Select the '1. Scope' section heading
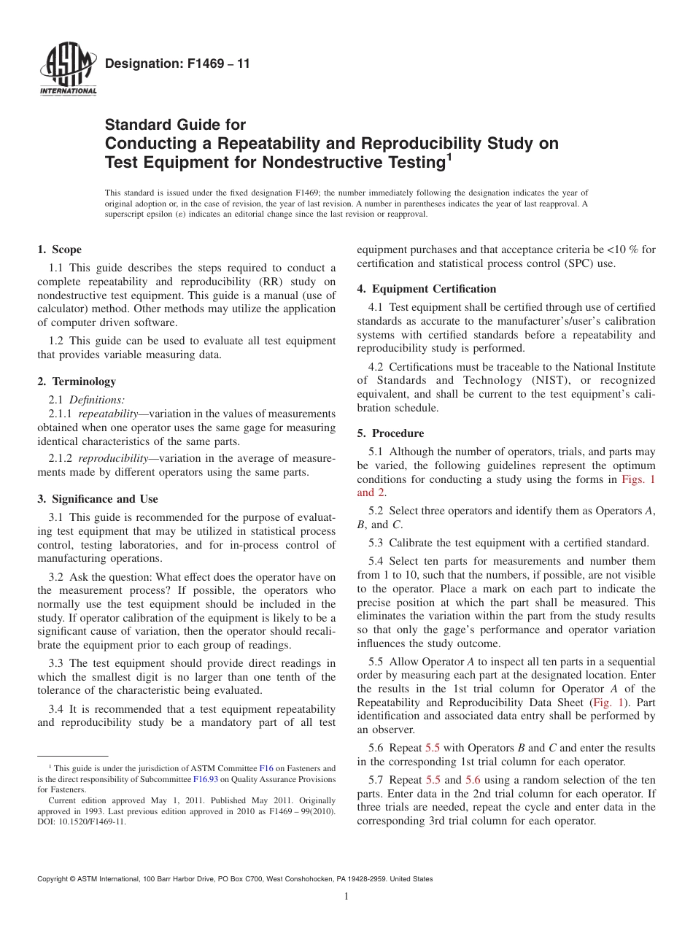(60, 250)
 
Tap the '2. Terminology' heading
(77, 382)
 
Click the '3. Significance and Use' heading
(98, 500)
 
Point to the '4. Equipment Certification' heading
(426, 289)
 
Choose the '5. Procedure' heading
(390, 433)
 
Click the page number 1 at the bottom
(346, 897)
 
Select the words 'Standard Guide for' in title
(176, 125)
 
